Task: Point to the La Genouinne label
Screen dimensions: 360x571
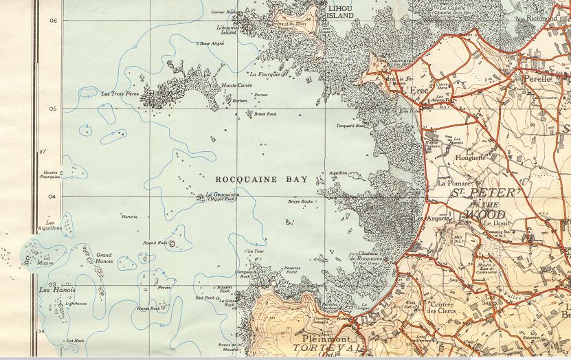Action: tap(223, 194)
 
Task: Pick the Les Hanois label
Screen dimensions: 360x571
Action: tap(57, 291)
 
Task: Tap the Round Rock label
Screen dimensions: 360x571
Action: tap(155, 243)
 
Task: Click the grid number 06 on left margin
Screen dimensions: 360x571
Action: tap(53, 20)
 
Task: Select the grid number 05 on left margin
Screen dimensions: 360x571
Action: tap(53, 109)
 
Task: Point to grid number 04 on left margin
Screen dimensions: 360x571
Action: tap(53, 196)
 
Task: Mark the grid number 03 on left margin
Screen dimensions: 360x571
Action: tap(53, 284)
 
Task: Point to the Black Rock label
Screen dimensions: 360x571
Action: tap(265, 114)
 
